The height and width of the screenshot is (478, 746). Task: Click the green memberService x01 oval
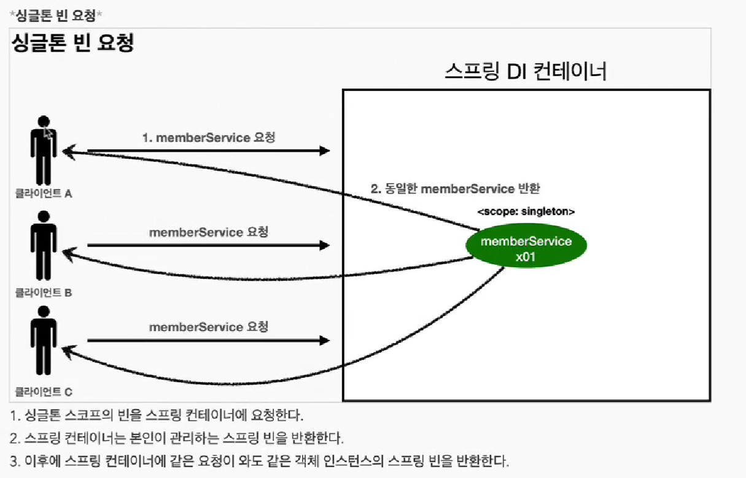click(x=526, y=248)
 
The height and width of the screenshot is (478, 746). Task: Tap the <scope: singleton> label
click(x=526, y=212)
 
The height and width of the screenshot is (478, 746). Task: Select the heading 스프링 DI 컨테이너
click(x=526, y=71)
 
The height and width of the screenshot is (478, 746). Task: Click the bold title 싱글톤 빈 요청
click(x=72, y=42)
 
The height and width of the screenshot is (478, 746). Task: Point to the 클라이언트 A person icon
click(x=44, y=151)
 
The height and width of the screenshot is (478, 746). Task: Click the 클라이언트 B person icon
click(x=44, y=246)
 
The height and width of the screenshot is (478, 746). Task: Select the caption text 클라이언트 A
click(x=44, y=194)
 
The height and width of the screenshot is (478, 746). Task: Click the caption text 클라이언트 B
click(x=44, y=292)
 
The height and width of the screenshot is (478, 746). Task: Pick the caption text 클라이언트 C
click(x=44, y=391)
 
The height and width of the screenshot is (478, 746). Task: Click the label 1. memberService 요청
click(x=209, y=138)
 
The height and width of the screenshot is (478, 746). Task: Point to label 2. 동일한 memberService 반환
click(x=455, y=189)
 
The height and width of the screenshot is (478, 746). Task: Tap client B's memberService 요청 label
click(x=209, y=233)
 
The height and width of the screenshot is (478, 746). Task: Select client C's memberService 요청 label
click(x=209, y=327)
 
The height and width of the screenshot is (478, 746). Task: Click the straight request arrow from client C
click(x=209, y=340)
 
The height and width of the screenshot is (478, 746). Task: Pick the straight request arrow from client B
click(x=209, y=246)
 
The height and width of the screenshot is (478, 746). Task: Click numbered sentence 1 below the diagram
click(x=157, y=415)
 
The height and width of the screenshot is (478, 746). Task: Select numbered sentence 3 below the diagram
click(x=260, y=461)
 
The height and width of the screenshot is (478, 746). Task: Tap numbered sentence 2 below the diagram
click(x=177, y=438)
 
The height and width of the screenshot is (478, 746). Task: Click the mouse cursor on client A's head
click(x=48, y=133)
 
